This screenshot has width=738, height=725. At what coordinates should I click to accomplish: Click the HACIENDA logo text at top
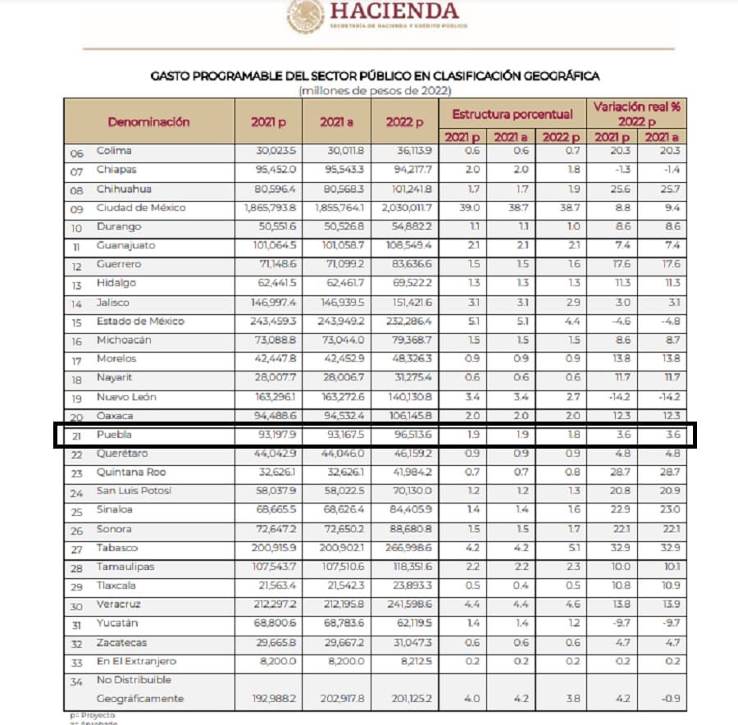394,11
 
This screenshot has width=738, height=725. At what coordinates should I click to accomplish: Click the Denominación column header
148,121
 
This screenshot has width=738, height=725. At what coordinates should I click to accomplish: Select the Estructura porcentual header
512,114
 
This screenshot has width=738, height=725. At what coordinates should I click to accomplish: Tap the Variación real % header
636,113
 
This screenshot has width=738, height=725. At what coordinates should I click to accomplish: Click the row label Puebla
114,435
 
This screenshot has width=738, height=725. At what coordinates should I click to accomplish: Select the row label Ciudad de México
140,207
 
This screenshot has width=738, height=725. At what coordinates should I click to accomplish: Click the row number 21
76,435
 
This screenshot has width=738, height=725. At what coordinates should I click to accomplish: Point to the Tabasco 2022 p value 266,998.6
408,548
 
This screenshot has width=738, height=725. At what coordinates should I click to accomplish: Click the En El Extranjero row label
136,661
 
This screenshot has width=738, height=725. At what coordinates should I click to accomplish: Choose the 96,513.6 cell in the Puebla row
408,435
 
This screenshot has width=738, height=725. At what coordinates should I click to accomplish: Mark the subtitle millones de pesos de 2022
375,89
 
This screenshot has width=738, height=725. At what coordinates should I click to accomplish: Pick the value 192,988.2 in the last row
270,699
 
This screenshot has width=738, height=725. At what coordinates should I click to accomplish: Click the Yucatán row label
116,623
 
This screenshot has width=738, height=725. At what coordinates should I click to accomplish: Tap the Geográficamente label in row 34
139,699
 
